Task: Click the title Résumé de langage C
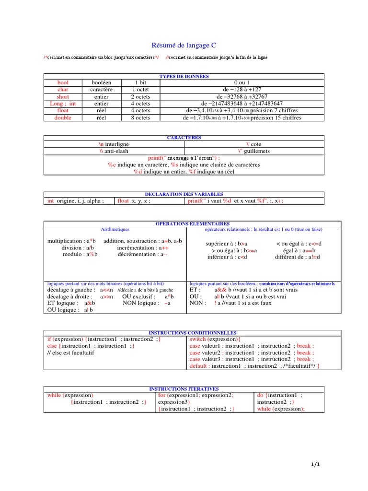(x=184, y=46)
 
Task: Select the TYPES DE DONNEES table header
(x=184, y=76)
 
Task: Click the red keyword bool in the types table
(x=63, y=82)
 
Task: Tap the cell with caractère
(x=101, y=90)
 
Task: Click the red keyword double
(x=63, y=117)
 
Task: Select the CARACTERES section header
(x=184, y=138)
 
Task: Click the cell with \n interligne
(x=114, y=144)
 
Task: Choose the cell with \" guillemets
(x=254, y=151)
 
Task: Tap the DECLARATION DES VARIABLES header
(x=184, y=194)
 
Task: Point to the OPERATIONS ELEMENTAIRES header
(x=193, y=224)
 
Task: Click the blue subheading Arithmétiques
(x=115, y=230)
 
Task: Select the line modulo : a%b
(x=80, y=254)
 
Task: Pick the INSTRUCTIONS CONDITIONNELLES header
(x=193, y=332)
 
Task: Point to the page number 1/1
(x=314, y=465)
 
